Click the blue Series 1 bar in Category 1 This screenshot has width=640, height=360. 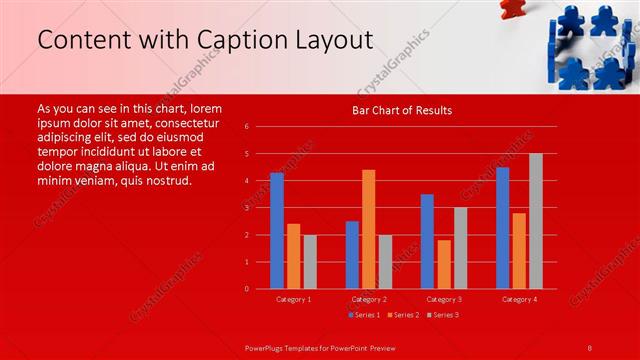(x=277, y=231)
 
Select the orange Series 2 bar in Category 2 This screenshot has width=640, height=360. (x=368, y=229)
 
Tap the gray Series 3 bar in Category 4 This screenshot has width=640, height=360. (x=536, y=221)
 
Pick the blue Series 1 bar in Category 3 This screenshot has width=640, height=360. (x=427, y=241)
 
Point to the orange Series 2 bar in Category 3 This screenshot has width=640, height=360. (x=444, y=264)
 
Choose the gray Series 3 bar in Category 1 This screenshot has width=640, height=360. (x=310, y=262)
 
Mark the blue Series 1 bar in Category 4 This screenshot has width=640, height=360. (x=502, y=228)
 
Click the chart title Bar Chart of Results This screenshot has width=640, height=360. (x=402, y=110)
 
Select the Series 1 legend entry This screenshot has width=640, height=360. (x=363, y=316)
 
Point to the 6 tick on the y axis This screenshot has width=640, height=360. (x=246, y=127)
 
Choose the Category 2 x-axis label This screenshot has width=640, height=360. (x=369, y=299)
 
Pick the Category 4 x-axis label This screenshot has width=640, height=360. (x=519, y=299)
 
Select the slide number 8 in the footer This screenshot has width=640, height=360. (x=590, y=347)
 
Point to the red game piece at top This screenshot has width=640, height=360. (x=511, y=9)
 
